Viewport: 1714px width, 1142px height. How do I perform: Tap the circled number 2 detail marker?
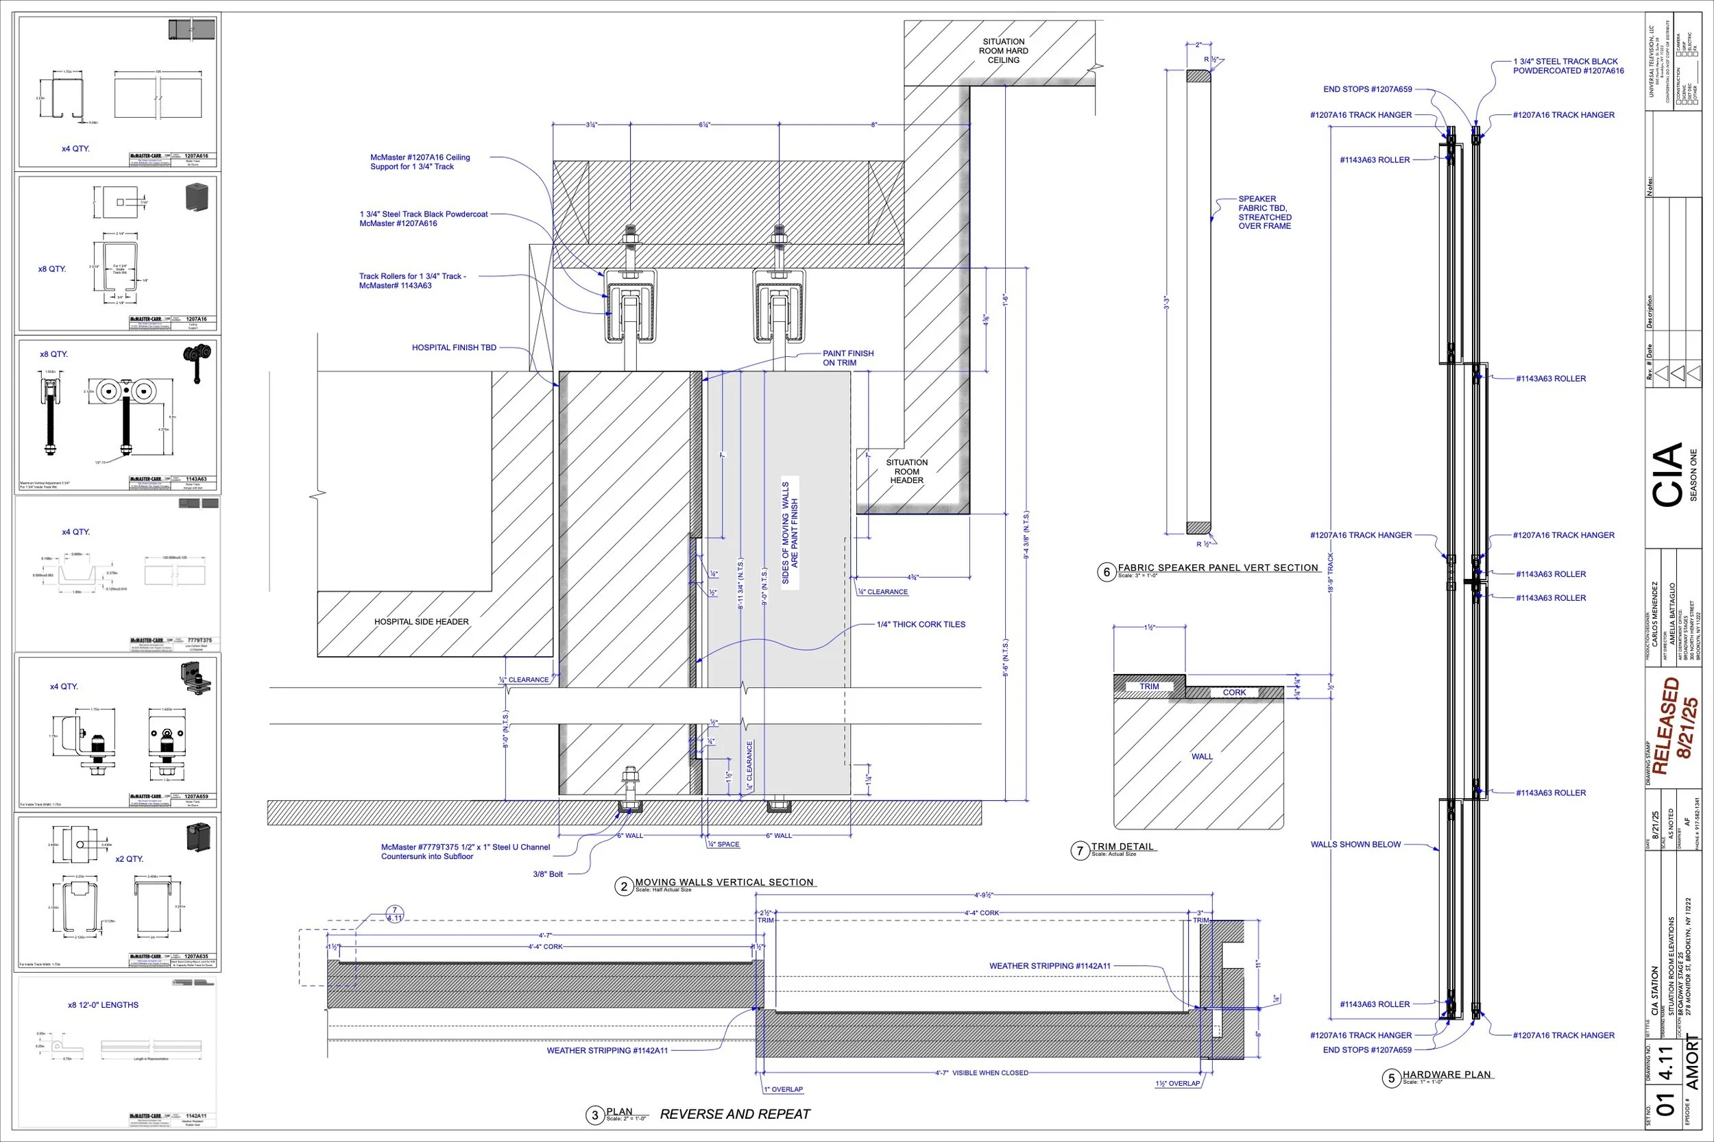click(624, 886)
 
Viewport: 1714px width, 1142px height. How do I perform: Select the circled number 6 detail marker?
click(1107, 572)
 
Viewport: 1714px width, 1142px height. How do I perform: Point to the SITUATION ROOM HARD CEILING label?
click(1004, 51)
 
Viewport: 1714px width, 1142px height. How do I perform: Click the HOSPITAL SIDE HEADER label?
click(421, 622)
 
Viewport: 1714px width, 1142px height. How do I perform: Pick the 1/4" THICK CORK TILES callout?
click(921, 624)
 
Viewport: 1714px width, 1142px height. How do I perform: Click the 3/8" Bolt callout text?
click(547, 874)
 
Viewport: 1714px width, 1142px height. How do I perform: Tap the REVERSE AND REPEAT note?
click(734, 1114)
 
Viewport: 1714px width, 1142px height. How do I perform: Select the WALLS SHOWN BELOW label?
click(1355, 845)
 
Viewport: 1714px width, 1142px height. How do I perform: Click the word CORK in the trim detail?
click(1234, 693)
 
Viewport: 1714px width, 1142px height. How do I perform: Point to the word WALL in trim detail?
click(1202, 757)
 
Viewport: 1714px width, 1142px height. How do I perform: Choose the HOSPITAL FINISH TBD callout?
click(454, 347)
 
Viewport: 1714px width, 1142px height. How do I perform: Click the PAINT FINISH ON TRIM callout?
click(847, 358)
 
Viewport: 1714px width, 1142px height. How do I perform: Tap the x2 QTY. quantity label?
click(129, 858)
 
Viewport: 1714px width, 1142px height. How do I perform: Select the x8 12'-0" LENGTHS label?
click(103, 1005)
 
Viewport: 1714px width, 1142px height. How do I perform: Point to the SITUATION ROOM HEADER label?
click(906, 471)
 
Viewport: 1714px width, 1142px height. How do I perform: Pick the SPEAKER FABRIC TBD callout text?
click(1264, 212)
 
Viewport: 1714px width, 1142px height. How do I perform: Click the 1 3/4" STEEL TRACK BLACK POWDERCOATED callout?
click(1568, 66)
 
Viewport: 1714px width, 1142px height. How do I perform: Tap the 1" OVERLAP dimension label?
click(784, 1089)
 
